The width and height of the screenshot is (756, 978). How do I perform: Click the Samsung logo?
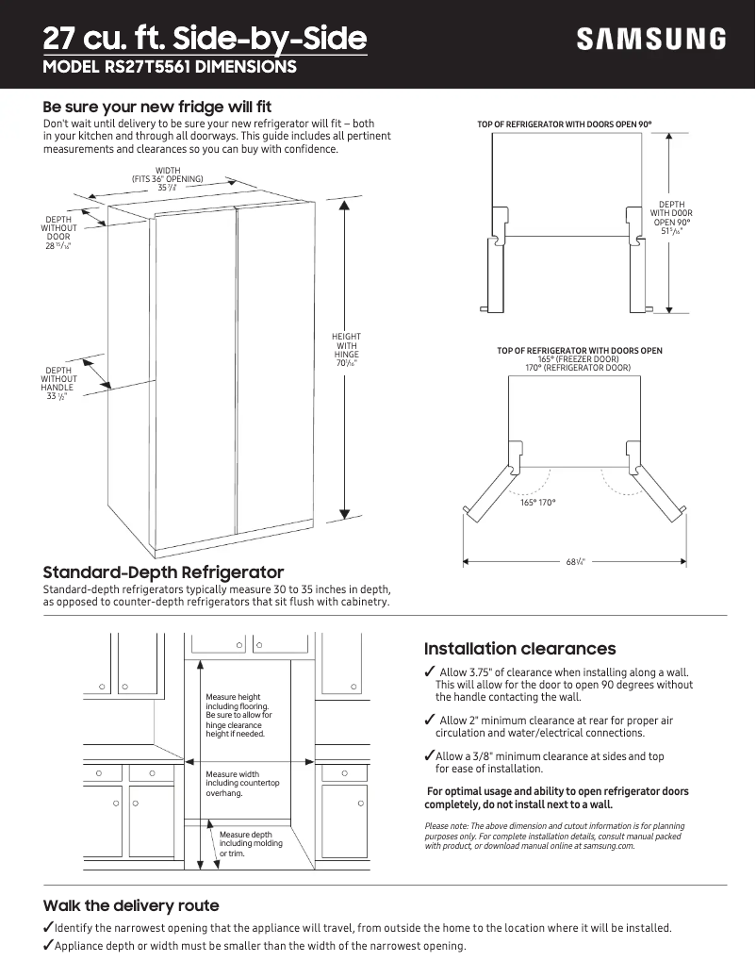coord(651,40)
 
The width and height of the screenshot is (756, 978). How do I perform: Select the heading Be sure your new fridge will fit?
coord(157,107)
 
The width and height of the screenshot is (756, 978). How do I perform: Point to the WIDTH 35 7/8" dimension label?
coord(168,179)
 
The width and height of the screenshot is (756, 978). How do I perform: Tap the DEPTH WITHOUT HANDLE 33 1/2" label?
coord(58,383)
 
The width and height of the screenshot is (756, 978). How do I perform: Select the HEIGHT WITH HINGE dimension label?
coord(346,350)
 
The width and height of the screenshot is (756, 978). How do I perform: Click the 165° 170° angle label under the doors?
coord(538,503)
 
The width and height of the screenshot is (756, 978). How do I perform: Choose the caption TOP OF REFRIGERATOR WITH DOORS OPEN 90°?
coord(565,124)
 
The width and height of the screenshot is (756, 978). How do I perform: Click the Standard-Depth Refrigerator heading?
coord(163,572)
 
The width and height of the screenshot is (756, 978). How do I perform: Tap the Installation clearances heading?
coord(519,649)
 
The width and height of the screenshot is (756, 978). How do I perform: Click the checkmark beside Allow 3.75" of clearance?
coord(430,671)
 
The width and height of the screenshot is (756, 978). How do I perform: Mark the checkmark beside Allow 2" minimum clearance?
coord(430,721)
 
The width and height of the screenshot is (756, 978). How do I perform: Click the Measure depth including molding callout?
coord(245,843)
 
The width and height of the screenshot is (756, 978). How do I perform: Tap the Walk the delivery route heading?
coord(131,905)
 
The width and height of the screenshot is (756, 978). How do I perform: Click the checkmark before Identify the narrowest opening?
coord(48,927)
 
